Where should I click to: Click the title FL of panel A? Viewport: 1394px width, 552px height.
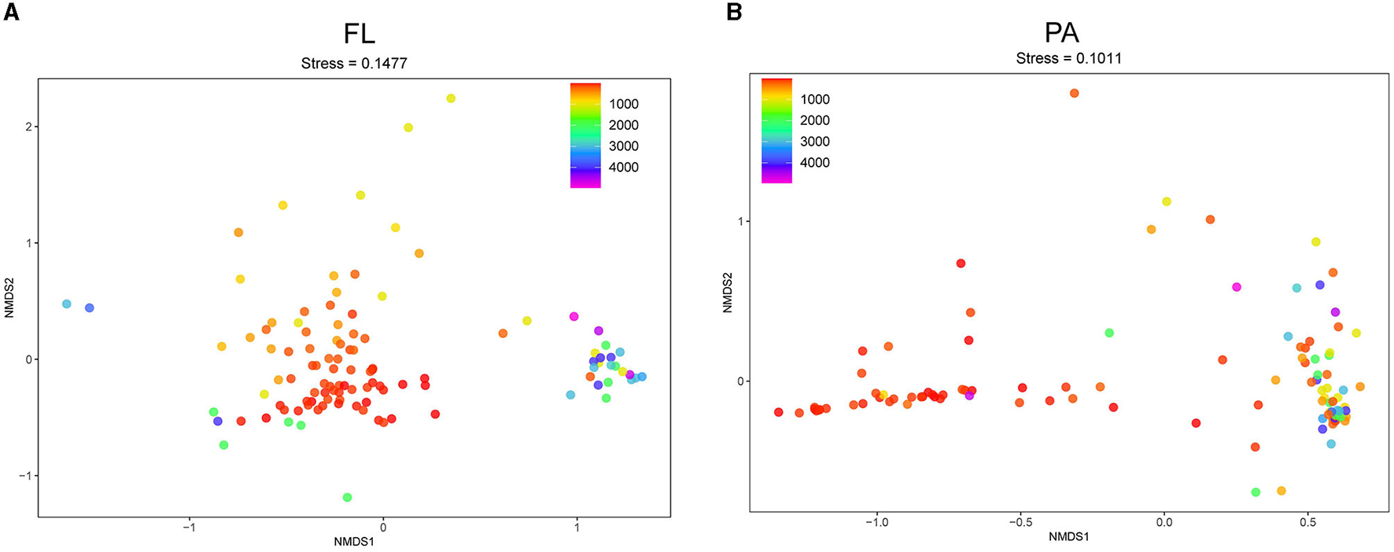pos(359,34)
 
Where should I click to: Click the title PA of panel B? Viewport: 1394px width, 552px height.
pos(1061,33)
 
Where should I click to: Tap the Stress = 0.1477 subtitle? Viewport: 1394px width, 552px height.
pos(354,64)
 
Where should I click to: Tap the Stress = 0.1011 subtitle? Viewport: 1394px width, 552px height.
pos(1068,59)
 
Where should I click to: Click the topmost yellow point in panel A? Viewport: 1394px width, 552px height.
pos(451,98)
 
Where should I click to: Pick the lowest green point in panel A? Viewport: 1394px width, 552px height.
pos(347,497)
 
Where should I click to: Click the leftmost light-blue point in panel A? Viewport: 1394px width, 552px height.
pos(67,304)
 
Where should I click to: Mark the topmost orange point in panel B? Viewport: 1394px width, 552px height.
pos(1074,94)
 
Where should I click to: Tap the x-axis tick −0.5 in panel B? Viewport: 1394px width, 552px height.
pos(1020,523)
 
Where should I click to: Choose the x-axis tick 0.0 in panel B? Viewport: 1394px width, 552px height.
pos(1164,523)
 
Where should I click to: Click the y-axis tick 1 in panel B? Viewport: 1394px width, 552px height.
pos(740,222)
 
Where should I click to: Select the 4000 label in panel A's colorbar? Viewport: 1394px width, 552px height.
pos(623,167)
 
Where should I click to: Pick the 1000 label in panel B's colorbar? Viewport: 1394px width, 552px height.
pos(814,100)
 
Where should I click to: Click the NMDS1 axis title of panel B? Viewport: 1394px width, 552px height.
pos(1068,537)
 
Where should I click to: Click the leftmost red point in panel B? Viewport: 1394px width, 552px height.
pos(779,412)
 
